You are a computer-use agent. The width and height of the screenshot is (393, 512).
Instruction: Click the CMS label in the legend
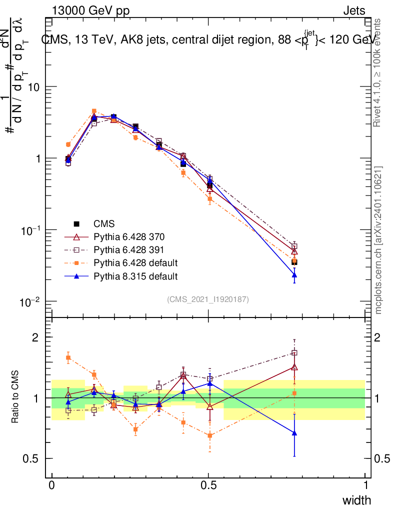[104, 223]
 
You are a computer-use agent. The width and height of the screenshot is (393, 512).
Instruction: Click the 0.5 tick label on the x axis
[208, 485]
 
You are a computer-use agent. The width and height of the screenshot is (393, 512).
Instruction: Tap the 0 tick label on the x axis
[51, 485]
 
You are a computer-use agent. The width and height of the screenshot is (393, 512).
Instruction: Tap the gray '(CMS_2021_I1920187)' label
[208, 299]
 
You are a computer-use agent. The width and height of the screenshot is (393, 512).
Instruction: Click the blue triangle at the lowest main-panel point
[294, 274]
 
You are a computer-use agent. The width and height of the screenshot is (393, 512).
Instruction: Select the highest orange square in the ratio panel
[68, 357]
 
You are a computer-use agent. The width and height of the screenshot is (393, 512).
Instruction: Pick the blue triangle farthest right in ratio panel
[294, 433]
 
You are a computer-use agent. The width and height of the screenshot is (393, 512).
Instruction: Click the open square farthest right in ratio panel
[294, 352]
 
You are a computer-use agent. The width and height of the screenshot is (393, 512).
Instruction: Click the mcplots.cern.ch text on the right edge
[378, 240]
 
